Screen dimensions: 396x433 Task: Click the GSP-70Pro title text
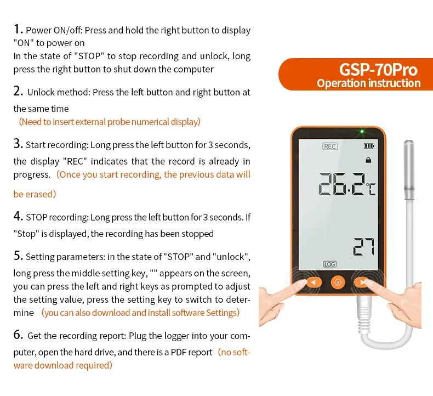378,70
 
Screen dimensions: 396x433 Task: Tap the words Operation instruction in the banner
369,84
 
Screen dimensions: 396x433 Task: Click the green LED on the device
361,132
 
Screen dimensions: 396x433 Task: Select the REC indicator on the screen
330,146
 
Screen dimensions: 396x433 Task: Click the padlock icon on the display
369,159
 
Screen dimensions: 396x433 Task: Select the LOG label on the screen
330,264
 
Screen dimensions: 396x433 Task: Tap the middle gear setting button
338,282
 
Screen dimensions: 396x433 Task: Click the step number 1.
18,30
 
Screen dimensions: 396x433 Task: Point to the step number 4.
18,217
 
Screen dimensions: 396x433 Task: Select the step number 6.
18,335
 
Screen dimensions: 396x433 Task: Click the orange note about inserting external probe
110,122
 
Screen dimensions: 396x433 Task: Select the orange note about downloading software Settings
140,313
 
